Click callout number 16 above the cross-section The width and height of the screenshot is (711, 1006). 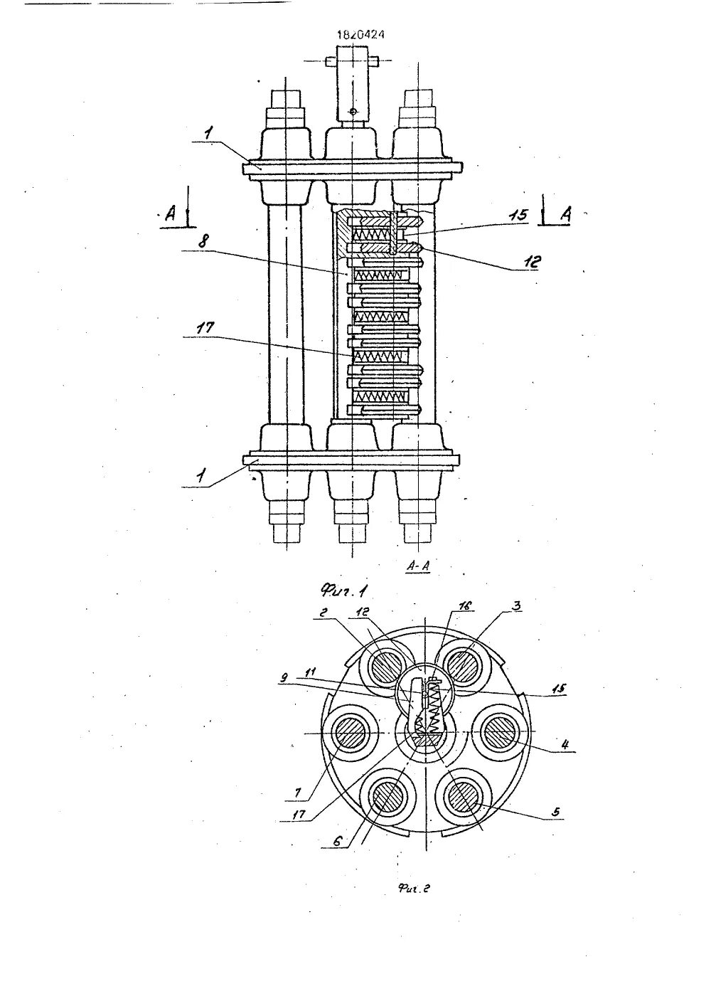point(466,605)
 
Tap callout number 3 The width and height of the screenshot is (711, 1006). point(515,605)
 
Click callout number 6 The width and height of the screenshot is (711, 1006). point(339,840)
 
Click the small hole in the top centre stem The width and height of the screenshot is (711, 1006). point(353,111)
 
